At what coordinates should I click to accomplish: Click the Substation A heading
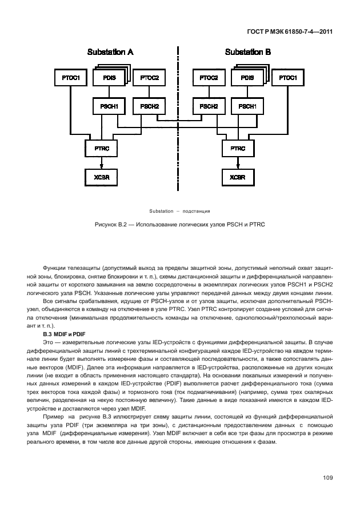pyautogui.click(x=110, y=52)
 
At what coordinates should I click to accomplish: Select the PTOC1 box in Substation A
pyautogui.click(x=70, y=77)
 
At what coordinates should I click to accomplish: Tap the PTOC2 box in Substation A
pyautogui.click(x=150, y=78)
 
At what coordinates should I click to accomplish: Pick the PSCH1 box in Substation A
pyautogui.click(x=109, y=106)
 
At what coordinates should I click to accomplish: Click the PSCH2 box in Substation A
pyautogui.click(x=150, y=106)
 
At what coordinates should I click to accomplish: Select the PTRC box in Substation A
pyautogui.click(x=101, y=148)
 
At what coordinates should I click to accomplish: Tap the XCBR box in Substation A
pyautogui.click(x=101, y=177)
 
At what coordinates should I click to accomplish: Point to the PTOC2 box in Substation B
pyautogui.click(x=208, y=77)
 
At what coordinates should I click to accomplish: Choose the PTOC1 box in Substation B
pyautogui.click(x=287, y=77)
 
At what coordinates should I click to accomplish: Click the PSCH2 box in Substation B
pyautogui.click(x=208, y=106)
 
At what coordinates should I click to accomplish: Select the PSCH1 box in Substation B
pyautogui.click(x=247, y=106)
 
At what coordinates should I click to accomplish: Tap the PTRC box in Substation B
pyautogui.click(x=238, y=148)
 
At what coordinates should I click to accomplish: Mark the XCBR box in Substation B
pyautogui.click(x=238, y=177)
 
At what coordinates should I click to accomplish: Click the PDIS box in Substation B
pyautogui.click(x=247, y=78)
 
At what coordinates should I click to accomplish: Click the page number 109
pyautogui.click(x=327, y=477)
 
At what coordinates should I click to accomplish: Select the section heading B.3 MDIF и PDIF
pyautogui.click(x=64, y=333)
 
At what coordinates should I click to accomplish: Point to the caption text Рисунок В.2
pyautogui.click(x=179, y=224)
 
